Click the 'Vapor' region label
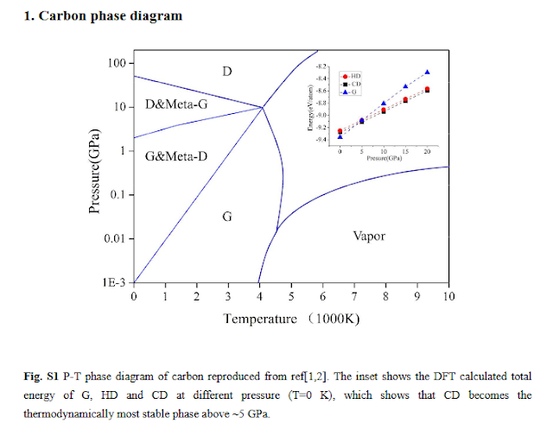pos(369,236)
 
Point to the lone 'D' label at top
pos(226,70)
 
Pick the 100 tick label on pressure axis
pos(118,63)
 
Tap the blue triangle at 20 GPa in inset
pos(427,73)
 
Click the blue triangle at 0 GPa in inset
pos(340,136)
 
